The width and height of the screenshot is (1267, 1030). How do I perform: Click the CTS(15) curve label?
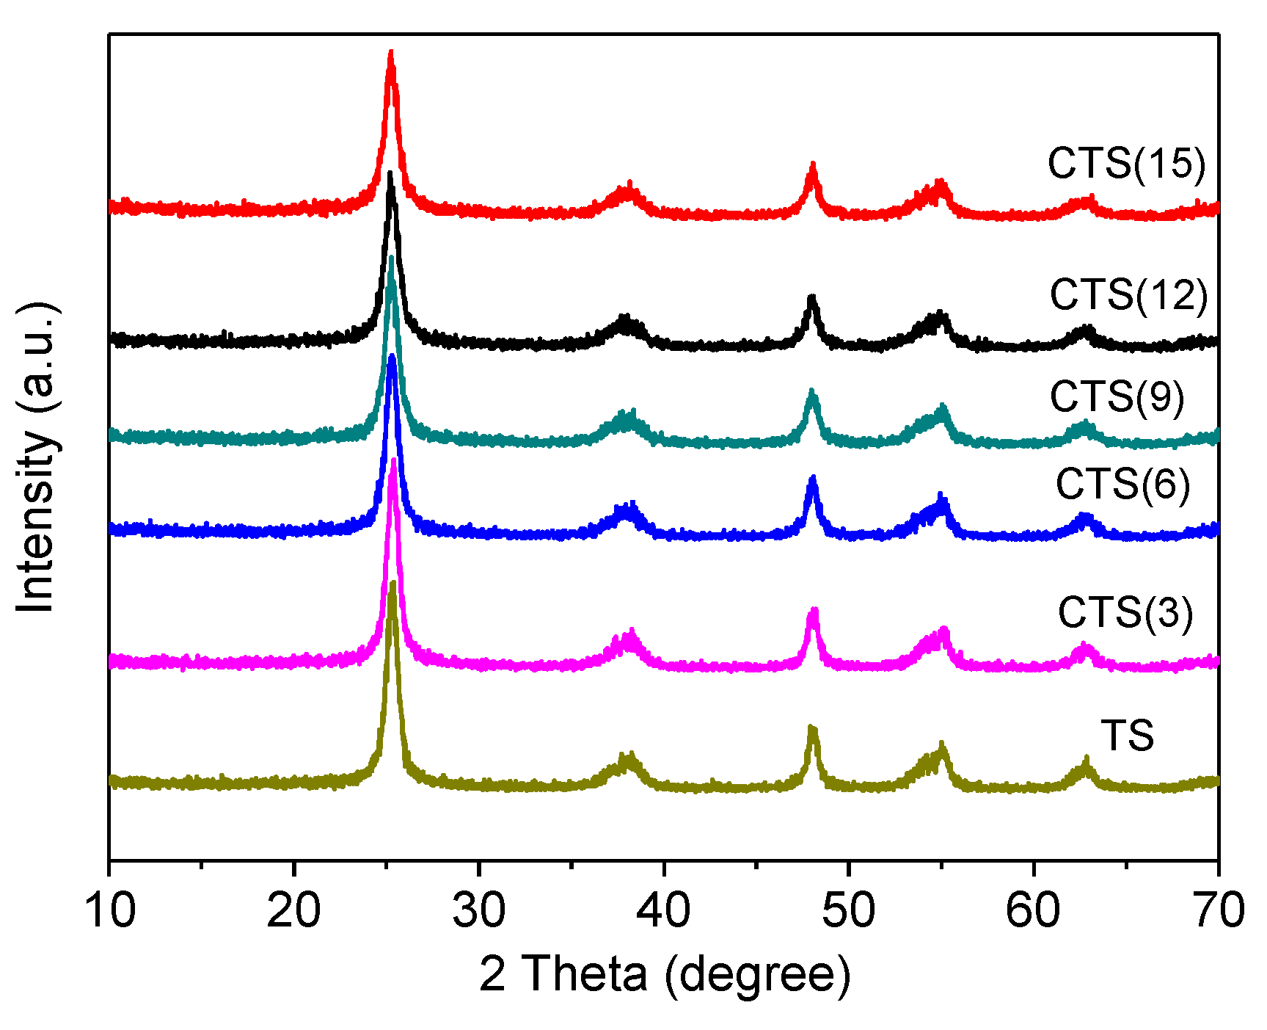click(1126, 163)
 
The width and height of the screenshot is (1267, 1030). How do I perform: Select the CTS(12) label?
click(1128, 295)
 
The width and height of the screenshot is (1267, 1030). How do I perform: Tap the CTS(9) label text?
click(1117, 397)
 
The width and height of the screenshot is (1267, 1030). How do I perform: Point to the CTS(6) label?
click(1122, 485)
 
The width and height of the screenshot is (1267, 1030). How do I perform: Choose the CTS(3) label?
click(1125, 612)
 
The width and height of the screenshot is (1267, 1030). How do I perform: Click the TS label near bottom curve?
click(1127, 736)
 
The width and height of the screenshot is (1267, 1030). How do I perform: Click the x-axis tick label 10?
click(110, 910)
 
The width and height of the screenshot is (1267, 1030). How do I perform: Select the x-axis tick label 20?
click(293, 910)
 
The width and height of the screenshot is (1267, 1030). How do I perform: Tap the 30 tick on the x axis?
click(479, 910)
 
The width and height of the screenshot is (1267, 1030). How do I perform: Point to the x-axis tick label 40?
click(664, 910)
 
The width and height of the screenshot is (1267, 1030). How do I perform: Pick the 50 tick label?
click(849, 910)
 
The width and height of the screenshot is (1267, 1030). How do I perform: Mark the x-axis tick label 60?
click(1034, 910)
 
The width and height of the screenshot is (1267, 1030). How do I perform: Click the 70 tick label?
click(1218, 910)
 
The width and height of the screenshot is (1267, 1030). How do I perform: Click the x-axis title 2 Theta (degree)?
click(665, 975)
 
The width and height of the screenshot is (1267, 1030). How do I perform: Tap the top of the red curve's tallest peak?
click(391, 53)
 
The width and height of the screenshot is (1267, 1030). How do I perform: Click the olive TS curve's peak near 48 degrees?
click(812, 728)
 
